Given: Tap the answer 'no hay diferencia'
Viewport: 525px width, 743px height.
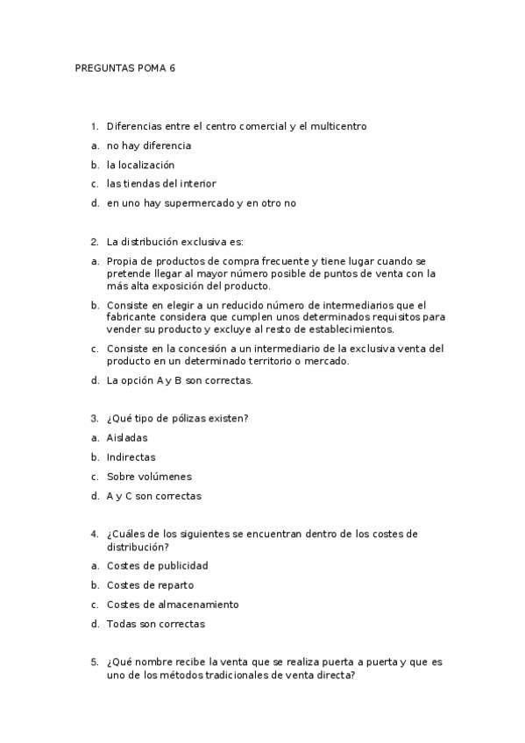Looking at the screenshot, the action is [148, 145].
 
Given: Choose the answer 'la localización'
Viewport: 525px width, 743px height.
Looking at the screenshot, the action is [140, 165].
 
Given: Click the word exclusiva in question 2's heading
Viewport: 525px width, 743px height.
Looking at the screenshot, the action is [204, 242].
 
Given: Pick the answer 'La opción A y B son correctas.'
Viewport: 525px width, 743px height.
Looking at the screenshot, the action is [179, 380].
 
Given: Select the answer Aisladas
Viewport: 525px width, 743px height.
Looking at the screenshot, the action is [127, 438].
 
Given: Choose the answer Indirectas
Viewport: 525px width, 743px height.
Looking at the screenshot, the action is [131, 457].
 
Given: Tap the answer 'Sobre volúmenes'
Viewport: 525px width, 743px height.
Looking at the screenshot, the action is [148, 477].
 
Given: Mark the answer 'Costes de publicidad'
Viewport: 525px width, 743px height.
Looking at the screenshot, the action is [157, 566].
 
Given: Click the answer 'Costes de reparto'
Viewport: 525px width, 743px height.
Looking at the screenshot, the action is [150, 585].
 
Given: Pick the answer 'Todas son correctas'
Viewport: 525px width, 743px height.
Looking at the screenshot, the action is [155, 624].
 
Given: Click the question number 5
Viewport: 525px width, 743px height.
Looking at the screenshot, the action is [94, 662].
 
